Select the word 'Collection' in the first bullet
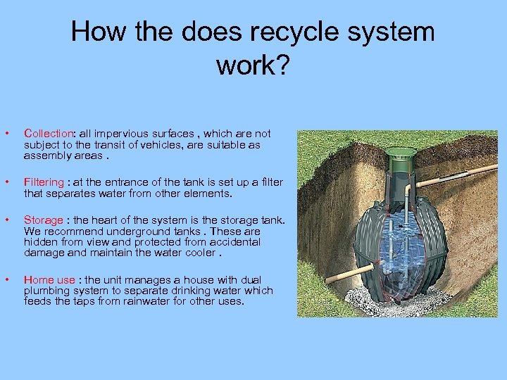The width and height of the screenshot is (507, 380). pos(49,133)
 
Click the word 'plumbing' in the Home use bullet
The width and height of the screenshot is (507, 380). pos(46,291)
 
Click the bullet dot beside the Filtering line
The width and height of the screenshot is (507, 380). pos(6,182)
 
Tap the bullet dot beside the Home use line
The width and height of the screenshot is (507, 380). pos(6,280)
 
